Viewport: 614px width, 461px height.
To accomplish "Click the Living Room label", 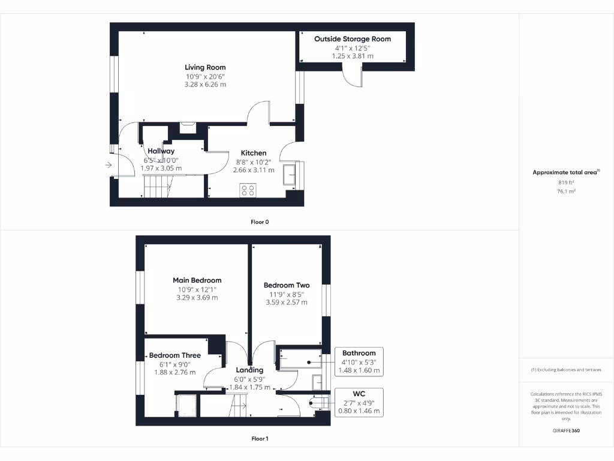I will point(205,67).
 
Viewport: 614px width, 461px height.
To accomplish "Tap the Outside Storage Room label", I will point(353,39).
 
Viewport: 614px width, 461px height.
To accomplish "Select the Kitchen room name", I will point(254,153).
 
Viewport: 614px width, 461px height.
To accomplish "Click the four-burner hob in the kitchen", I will point(248,190).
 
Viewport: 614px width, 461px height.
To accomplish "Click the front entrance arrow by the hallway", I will point(109,164).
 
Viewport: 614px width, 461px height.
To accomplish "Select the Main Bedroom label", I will point(197,280).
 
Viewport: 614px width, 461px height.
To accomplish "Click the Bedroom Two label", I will point(287,285).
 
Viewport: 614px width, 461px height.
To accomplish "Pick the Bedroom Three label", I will point(175,355).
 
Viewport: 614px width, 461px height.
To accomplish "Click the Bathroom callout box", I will point(359,362).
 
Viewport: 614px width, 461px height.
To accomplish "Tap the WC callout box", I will point(359,402).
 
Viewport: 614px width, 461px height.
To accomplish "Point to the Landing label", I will point(249,370).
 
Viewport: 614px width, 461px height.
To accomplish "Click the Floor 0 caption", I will point(260,222).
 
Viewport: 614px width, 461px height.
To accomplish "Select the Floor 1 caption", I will point(260,439).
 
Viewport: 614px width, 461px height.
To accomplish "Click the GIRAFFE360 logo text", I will point(566,430).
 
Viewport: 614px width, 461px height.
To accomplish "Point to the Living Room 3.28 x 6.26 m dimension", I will point(205,85).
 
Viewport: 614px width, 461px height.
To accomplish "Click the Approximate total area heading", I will point(565,172).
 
